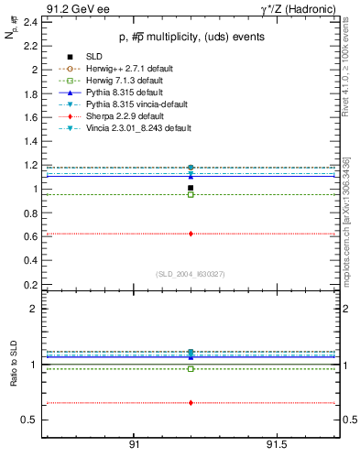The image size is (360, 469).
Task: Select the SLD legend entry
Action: (x=93, y=57)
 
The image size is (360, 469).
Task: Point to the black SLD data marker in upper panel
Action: (x=191, y=188)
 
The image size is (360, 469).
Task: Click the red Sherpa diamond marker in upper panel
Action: (x=191, y=234)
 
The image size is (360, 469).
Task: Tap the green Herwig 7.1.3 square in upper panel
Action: (x=191, y=194)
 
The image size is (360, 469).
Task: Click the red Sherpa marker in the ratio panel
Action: (x=191, y=402)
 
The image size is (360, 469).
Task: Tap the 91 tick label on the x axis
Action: (x=134, y=444)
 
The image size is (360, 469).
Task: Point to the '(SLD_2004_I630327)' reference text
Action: (x=190, y=273)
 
